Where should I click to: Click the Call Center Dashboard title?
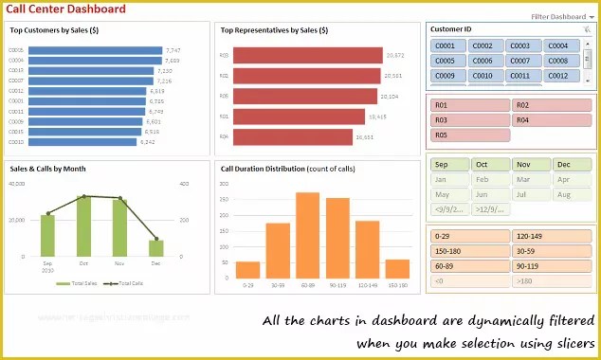[x=65, y=9]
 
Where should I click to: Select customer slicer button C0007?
[x=521, y=61]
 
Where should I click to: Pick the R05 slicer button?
[x=469, y=135]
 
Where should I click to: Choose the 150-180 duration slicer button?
[x=469, y=251]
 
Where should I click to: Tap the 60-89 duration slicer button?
[x=469, y=266]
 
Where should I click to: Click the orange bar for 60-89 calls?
[x=307, y=235]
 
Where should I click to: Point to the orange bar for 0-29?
[x=247, y=269]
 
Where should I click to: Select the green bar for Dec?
[x=155, y=248]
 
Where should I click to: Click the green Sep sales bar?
[x=48, y=236]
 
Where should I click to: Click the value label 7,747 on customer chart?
[x=173, y=50]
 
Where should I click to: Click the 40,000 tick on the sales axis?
[x=17, y=183]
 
